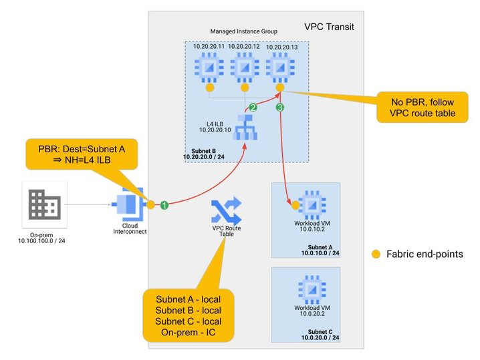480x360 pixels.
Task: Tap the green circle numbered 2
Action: click(x=253, y=107)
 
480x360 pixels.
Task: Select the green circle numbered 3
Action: click(x=280, y=107)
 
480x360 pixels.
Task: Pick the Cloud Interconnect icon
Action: click(x=128, y=204)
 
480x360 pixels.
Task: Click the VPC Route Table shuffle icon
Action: click(x=226, y=213)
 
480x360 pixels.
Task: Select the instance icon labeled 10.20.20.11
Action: click(x=209, y=67)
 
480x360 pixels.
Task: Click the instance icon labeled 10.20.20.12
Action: click(x=244, y=67)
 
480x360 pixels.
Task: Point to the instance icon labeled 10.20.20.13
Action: click(x=279, y=67)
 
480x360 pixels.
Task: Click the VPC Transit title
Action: click(x=329, y=27)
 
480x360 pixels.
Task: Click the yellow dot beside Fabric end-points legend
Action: click(x=376, y=254)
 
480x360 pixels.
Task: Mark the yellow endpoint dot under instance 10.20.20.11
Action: click(x=209, y=87)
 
